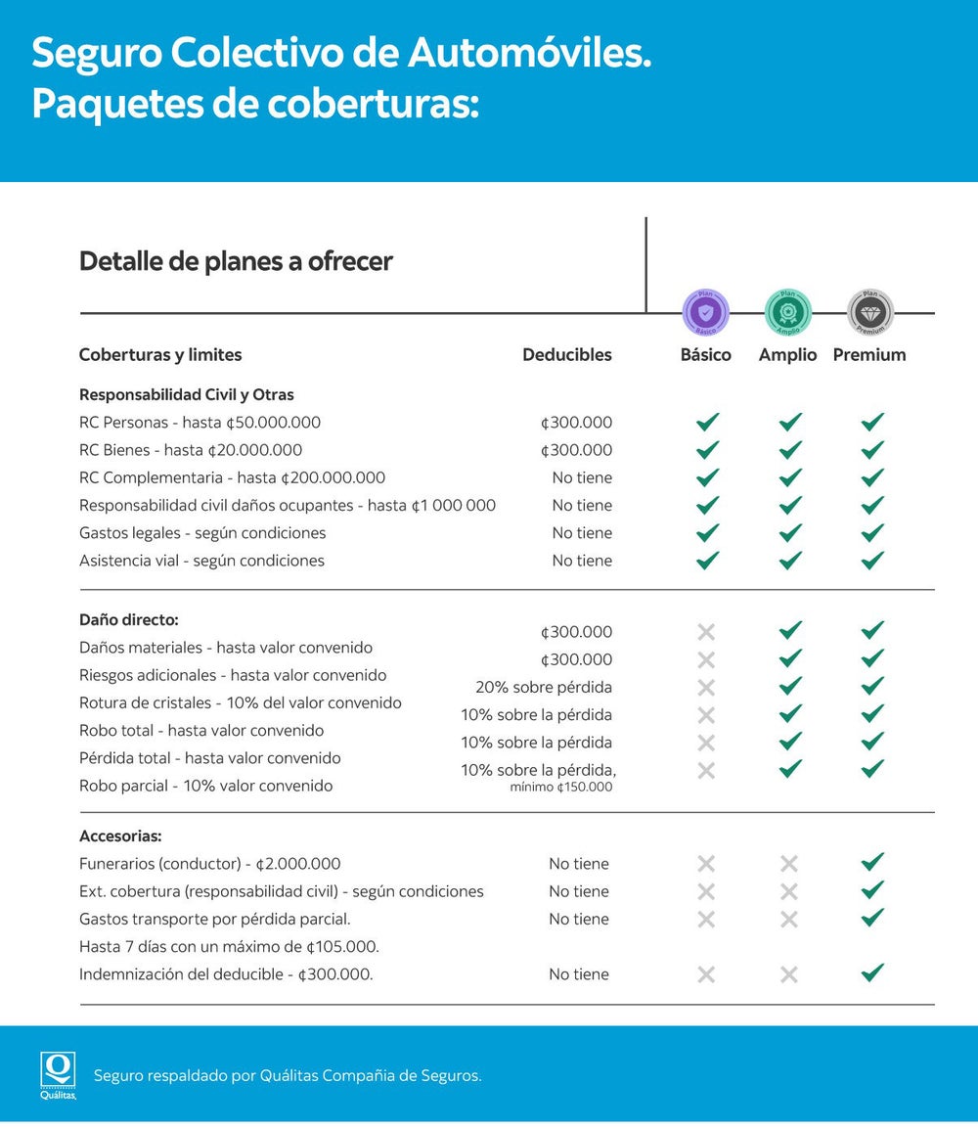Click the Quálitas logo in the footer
[x=58, y=1074]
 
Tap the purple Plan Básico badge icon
[x=705, y=313]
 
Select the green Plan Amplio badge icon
[x=787, y=313]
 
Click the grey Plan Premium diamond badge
[x=869, y=313]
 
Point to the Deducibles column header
[x=566, y=355]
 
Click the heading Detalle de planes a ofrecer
[x=236, y=262]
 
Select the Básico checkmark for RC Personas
[x=707, y=423]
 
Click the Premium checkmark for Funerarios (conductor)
[x=872, y=862]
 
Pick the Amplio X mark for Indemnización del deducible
[x=789, y=974]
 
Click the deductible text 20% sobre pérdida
[x=544, y=687]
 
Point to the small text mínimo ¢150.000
[x=561, y=787]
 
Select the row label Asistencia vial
[x=201, y=561]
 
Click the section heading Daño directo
[x=128, y=620]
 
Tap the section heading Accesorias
[x=120, y=836]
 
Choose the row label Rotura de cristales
[x=240, y=702]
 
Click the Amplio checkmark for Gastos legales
[x=790, y=533]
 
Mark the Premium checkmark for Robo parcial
[x=872, y=769]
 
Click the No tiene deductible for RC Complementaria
[x=582, y=478]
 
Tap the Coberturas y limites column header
[x=160, y=355]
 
